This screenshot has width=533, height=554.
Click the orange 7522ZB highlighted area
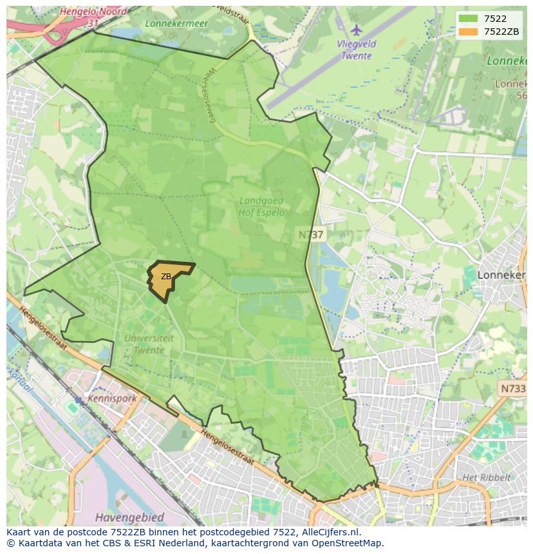(169, 278)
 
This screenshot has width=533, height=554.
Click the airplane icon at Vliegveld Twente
(357, 30)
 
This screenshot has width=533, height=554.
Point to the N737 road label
(312, 235)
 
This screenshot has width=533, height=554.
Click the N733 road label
(513, 389)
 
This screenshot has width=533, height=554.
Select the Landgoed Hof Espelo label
(261, 207)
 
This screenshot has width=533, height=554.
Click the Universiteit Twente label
(149, 344)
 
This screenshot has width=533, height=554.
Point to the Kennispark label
(113, 398)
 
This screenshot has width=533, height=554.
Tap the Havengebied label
(129, 517)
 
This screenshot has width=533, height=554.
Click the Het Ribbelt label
(486, 477)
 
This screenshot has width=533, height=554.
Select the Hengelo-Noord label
(93, 12)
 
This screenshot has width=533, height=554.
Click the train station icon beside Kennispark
(79, 400)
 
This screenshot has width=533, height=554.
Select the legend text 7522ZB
(501, 32)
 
